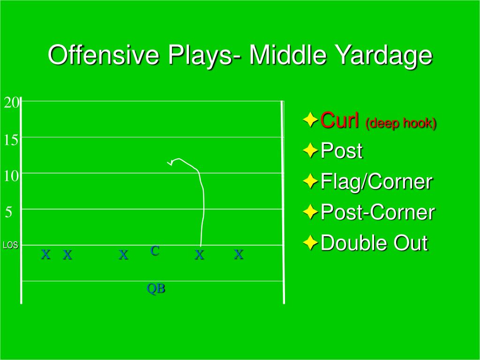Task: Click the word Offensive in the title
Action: [104, 55]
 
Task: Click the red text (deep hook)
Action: [401, 123]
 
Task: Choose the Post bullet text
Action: [341, 150]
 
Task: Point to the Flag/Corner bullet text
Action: [376, 181]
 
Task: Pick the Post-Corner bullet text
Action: [377, 212]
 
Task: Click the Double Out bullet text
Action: [374, 243]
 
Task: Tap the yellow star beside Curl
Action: [310, 120]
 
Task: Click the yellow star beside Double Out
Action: [310, 242]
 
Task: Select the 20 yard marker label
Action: [12, 103]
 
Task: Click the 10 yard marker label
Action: [12, 176]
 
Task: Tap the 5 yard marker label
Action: [9, 212]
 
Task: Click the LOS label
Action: [11, 245]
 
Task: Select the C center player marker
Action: [155, 251]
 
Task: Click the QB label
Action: [156, 288]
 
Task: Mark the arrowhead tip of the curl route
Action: [167, 162]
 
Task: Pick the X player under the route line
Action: [199, 255]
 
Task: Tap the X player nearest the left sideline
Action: [46, 254]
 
